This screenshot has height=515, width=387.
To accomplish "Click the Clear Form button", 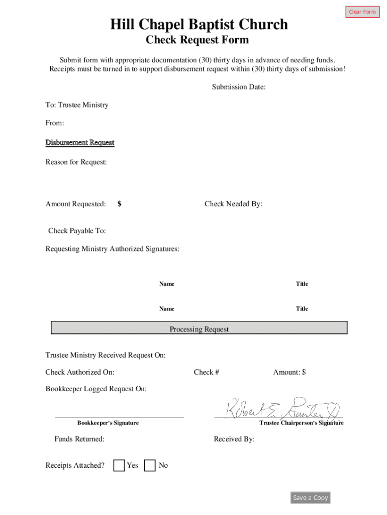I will click(x=362, y=12).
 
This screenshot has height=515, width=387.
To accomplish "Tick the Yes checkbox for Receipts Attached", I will click(x=119, y=466).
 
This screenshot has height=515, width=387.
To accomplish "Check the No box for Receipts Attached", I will click(x=150, y=466).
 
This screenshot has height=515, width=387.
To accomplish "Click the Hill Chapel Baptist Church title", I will click(x=199, y=24).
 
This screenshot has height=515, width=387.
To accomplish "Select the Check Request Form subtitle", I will click(x=197, y=40).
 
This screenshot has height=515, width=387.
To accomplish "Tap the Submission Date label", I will click(x=239, y=87).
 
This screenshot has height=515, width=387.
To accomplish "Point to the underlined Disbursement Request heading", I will click(x=80, y=143).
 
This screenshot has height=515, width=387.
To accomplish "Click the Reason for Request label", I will click(x=76, y=162).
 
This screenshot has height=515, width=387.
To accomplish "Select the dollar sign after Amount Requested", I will click(x=120, y=204).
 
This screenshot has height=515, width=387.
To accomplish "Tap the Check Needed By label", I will click(x=233, y=204).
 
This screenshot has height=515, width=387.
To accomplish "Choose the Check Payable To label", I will click(x=77, y=231).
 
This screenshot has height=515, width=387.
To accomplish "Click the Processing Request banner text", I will click(x=199, y=329).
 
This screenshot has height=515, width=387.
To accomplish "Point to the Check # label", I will click(x=206, y=372).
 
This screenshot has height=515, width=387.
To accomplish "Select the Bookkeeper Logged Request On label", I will click(x=96, y=389).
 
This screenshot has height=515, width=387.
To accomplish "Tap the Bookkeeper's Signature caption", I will click(x=108, y=423).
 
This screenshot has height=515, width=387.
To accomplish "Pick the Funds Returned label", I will click(x=79, y=439).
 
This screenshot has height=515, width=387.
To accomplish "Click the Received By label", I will click(x=234, y=439).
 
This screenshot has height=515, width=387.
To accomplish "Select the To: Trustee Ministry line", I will click(x=77, y=105).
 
